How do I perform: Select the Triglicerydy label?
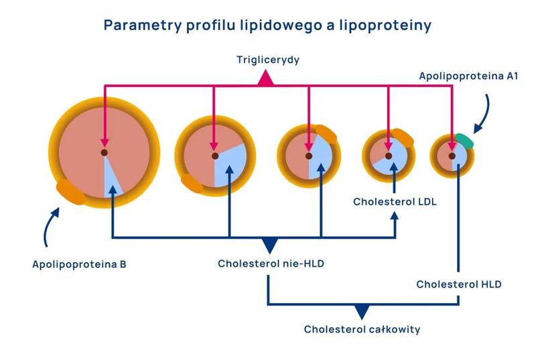(x=267, y=60)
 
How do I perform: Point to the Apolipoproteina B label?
(x=79, y=263)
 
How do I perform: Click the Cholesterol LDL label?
(x=395, y=200)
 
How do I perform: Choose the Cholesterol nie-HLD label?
(x=271, y=263)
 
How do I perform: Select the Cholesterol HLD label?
(x=458, y=284)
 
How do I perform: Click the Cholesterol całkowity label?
(x=362, y=329)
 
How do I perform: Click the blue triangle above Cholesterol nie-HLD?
(x=270, y=245)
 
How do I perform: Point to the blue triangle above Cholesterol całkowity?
(x=362, y=311)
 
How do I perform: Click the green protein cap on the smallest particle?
(x=464, y=141)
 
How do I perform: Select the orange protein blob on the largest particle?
(x=70, y=191)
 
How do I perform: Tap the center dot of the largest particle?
(x=105, y=153)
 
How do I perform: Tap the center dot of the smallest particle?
(x=453, y=156)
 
